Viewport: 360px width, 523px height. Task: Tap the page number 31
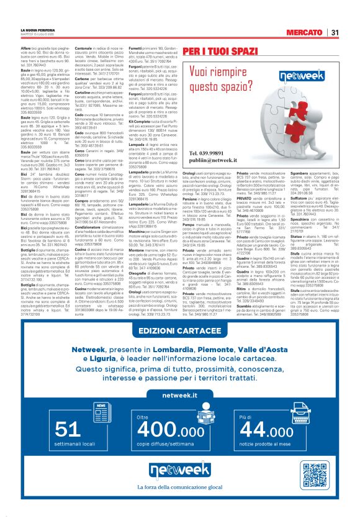tap(335, 32)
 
